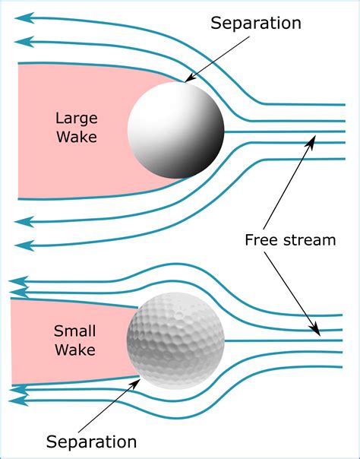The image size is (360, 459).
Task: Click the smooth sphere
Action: (x=176, y=131)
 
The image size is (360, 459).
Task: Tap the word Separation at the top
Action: (x=257, y=24)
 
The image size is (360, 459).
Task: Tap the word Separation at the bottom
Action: (x=91, y=442)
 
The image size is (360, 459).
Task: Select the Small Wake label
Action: (x=74, y=340)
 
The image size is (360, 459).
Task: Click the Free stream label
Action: (x=289, y=240)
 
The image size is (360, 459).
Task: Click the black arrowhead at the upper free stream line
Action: (x=314, y=139)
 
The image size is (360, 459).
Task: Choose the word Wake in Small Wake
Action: (x=74, y=350)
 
